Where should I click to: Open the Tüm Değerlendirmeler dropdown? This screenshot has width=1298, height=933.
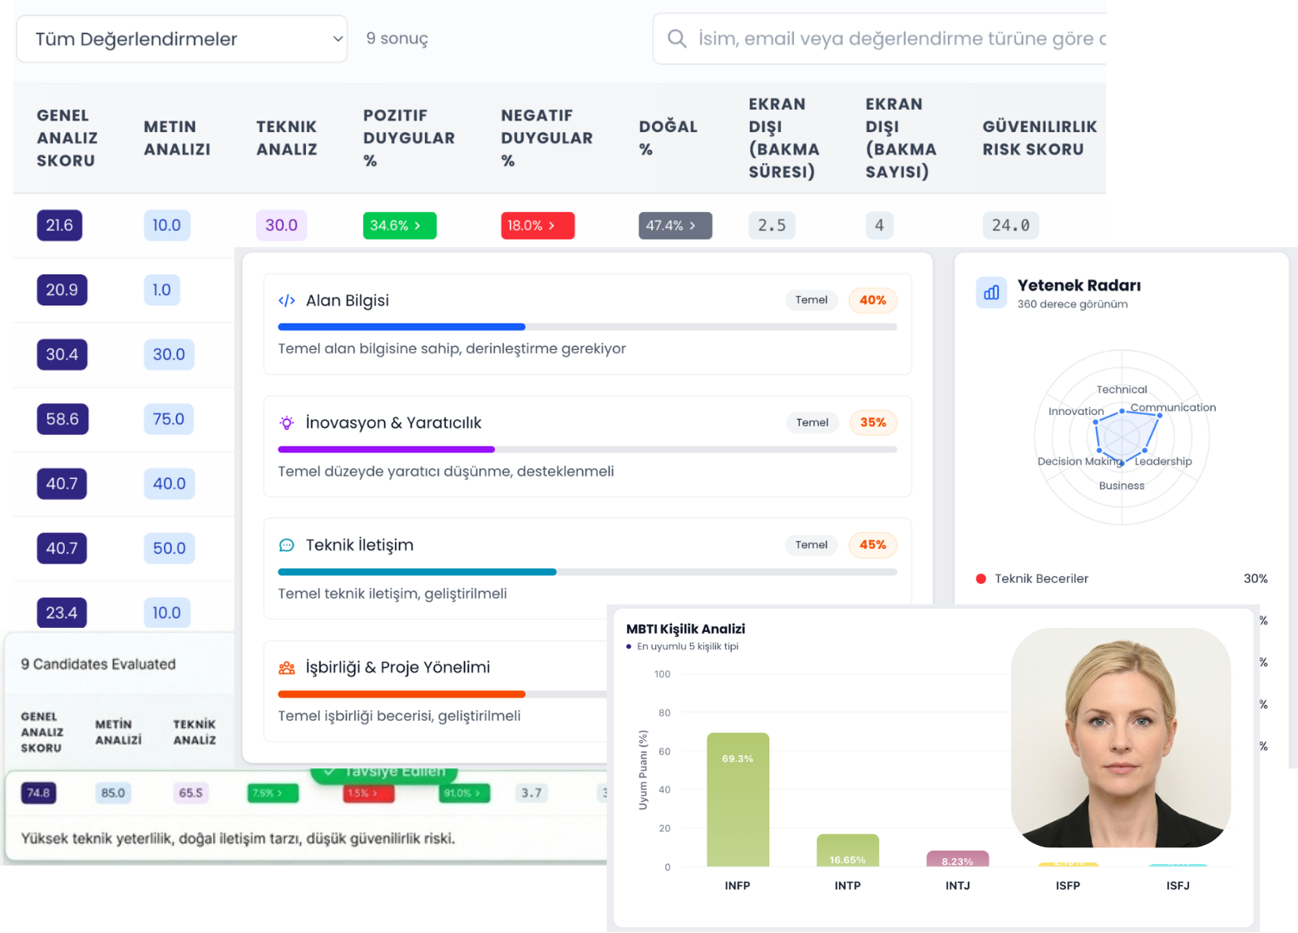[181, 39]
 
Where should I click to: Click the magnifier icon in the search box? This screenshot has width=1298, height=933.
[677, 39]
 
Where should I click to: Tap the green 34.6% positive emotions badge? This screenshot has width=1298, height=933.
[399, 225]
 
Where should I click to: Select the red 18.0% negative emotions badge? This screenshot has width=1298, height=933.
[537, 225]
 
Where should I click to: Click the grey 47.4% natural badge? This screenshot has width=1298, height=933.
[675, 225]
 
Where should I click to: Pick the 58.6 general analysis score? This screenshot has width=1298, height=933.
[62, 419]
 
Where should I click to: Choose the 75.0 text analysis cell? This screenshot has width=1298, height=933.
[169, 419]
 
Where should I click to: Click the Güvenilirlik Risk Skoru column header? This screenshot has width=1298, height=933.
[1039, 138]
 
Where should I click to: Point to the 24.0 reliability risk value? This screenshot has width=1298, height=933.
[1010, 225]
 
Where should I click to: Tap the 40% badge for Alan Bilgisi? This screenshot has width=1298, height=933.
[872, 300]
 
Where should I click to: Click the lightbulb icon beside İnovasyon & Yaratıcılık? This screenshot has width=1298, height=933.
[287, 422]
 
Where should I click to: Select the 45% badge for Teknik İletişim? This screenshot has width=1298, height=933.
[872, 545]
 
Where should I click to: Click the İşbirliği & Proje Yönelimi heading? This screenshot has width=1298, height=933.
[397, 667]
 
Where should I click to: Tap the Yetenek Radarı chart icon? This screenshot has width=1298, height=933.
[991, 293]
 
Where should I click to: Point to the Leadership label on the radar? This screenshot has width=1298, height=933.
[1163, 462]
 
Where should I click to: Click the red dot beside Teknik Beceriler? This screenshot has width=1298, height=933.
[981, 579]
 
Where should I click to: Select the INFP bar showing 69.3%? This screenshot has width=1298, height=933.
[738, 799]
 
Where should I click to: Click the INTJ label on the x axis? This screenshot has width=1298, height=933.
[957, 886]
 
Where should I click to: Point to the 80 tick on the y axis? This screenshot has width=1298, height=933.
[664, 713]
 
